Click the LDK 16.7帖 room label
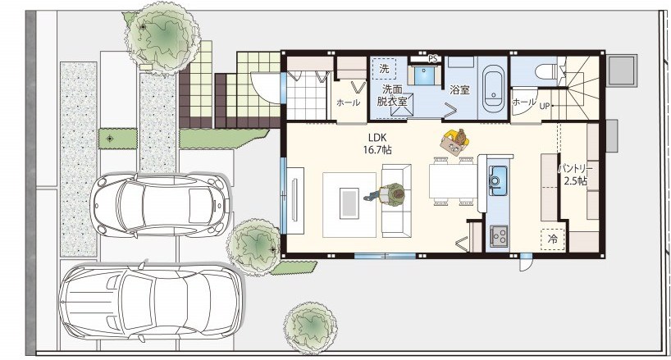(377, 144)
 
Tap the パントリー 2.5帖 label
(575, 174)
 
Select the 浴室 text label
(459, 90)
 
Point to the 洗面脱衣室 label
(392, 95)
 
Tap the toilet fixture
(545, 71)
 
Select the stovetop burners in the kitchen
(499, 235)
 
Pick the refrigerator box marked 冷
(552, 239)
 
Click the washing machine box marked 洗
(384, 68)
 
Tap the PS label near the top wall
(432, 58)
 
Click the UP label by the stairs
(545, 106)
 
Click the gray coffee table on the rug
(349, 203)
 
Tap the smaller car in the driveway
(160, 205)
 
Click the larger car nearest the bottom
(152, 302)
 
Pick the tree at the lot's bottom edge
(311, 328)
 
